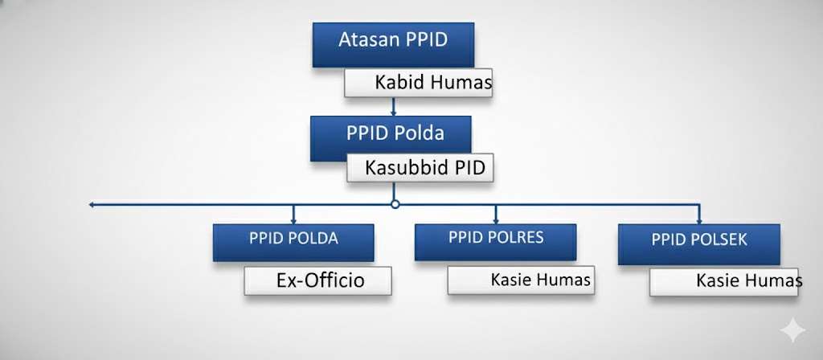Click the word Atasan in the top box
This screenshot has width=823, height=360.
pyautogui.click(x=365, y=40)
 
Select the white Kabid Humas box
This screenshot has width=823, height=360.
pyautogui.click(x=418, y=83)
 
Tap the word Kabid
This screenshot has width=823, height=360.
pyautogui.click(x=399, y=83)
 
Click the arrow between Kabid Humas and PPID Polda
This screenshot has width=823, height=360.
pyautogui.click(x=393, y=107)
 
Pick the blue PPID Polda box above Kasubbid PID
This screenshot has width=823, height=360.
pyautogui.click(x=391, y=138)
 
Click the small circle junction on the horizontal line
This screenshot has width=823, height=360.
pyautogui.click(x=395, y=204)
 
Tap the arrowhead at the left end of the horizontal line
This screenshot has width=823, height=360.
pyautogui.click(x=92, y=205)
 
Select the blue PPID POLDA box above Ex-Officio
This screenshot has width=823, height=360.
pyautogui.click(x=293, y=243)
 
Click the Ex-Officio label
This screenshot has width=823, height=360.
pyautogui.click(x=320, y=280)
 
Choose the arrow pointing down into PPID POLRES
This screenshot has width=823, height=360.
pyautogui.click(x=495, y=214)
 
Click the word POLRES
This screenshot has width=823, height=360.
pyautogui.click(x=517, y=237)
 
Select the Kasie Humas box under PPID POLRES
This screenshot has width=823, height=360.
pyautogui.click(x=521, y=280)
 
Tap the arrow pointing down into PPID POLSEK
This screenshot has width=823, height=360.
pyautogui.click(x=698, y=214)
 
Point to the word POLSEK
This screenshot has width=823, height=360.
pyautogui.click(x=722, y=239)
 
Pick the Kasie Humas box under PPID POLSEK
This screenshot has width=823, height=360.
pyautogui.click(x=724, y=282)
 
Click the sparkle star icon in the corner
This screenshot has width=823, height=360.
pyautogui.click(x=792, y=330)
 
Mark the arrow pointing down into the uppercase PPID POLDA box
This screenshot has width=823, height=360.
pyautogui.click(x=293, y=214)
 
